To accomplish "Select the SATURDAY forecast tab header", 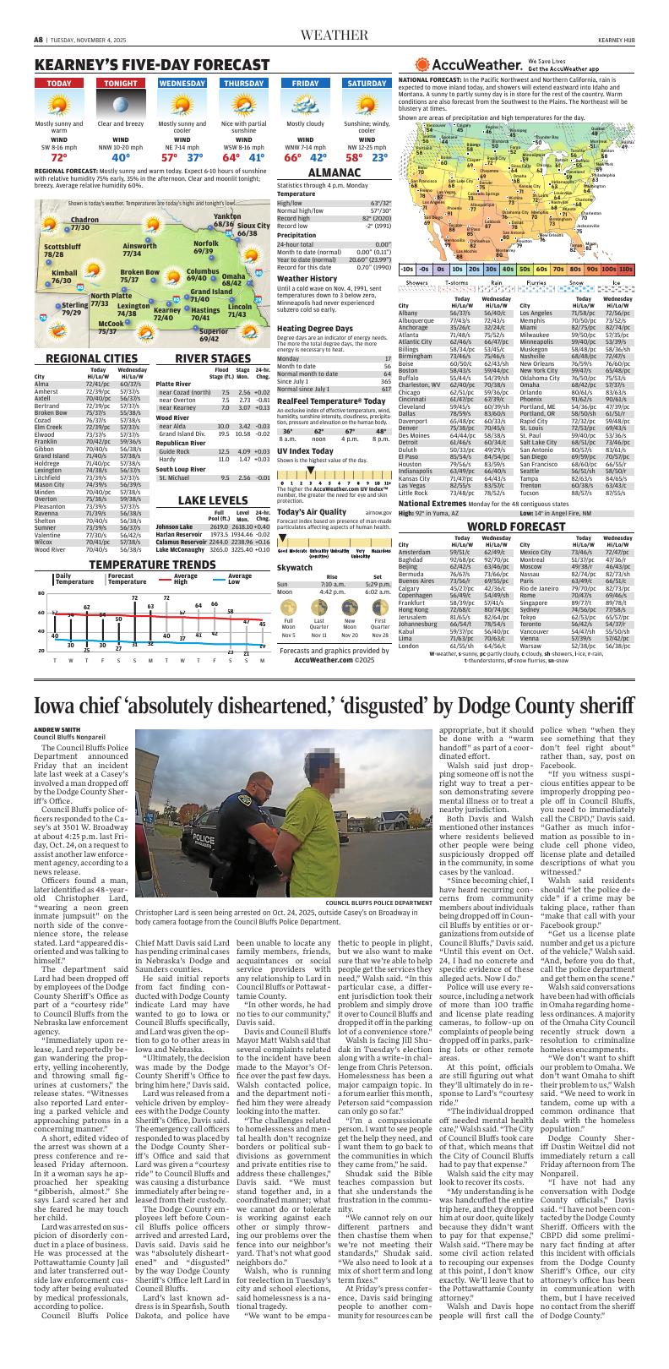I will (367, 84).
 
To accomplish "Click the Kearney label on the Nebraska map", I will (167, 310).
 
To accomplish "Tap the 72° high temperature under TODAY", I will (59, 158).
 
